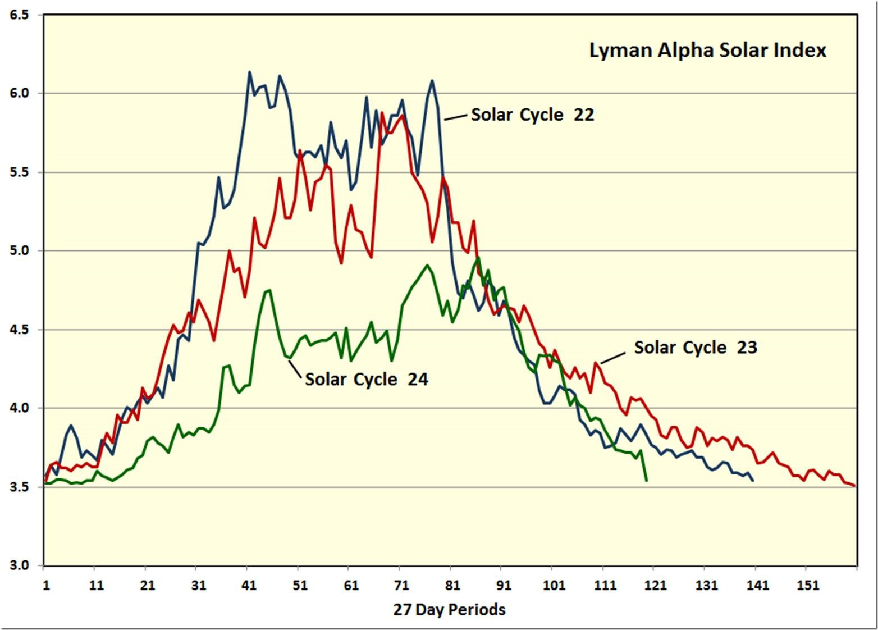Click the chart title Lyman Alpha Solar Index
(707, 50)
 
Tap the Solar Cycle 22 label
(532, 115)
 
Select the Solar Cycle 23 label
(696, 348)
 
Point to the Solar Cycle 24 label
(366, 379)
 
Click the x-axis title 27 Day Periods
(449, 609)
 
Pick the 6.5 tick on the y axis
(19, 15)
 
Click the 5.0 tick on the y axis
(19, 251)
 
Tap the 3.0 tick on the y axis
(19, 565)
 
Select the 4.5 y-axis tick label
(19, 330)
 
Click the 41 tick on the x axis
(249, 586)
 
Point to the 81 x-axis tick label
(452, 586)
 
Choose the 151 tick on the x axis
(808, 586)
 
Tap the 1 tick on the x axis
(46, 586)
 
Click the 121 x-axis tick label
(656, 586)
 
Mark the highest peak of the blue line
(250, 72)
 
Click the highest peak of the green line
(478, 258)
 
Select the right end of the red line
(854, 486)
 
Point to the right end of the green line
(647, 481)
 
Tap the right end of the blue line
(753, 481)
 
